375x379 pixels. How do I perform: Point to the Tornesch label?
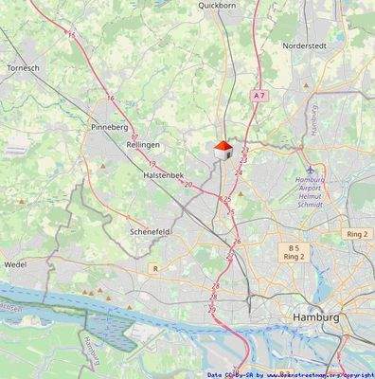(x=22, y=68)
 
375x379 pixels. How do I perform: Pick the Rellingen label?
(x=143, y=144)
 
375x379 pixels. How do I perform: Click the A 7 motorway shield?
(x=259, y=96)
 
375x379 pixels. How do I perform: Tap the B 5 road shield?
(x=294, y=248)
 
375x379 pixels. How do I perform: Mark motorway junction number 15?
(x=72, y=34)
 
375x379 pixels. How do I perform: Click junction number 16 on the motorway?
(x=111, y=98)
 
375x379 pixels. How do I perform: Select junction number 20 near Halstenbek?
(x=188, y=184)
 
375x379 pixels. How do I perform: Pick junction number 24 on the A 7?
(x=239, y=172)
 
